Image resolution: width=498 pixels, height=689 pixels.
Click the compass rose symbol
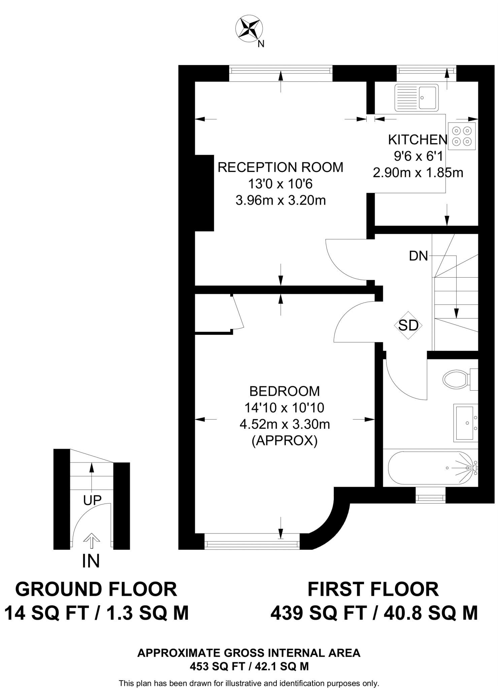tap(249, 30)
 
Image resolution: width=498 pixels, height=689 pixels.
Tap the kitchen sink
tap(417, 97)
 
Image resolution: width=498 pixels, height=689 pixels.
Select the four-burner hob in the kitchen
tap(462, 136)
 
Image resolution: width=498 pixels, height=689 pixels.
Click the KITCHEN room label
tap(418, 140)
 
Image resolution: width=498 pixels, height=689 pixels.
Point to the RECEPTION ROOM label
tap(280, 167)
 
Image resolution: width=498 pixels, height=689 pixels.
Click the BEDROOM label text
tap(285, 391)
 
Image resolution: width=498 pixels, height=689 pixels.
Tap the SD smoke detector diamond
tap(408, 325)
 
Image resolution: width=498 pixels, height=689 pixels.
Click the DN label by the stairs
tap(418, 256)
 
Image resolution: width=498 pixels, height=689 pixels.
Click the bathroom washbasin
tap(465, 423)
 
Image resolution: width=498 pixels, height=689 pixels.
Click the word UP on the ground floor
tap(92, 500)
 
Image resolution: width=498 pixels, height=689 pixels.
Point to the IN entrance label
tap(91, 561)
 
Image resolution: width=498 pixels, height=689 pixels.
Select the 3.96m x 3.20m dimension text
tap(281, 201)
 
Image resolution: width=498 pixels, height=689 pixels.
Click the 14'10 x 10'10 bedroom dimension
tap(285, 408)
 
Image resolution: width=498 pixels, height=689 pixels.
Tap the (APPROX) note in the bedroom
tap(285, 441)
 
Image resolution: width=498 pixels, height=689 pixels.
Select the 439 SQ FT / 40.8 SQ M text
tap(374, 613)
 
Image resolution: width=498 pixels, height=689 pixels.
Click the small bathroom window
tap(431, 496)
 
